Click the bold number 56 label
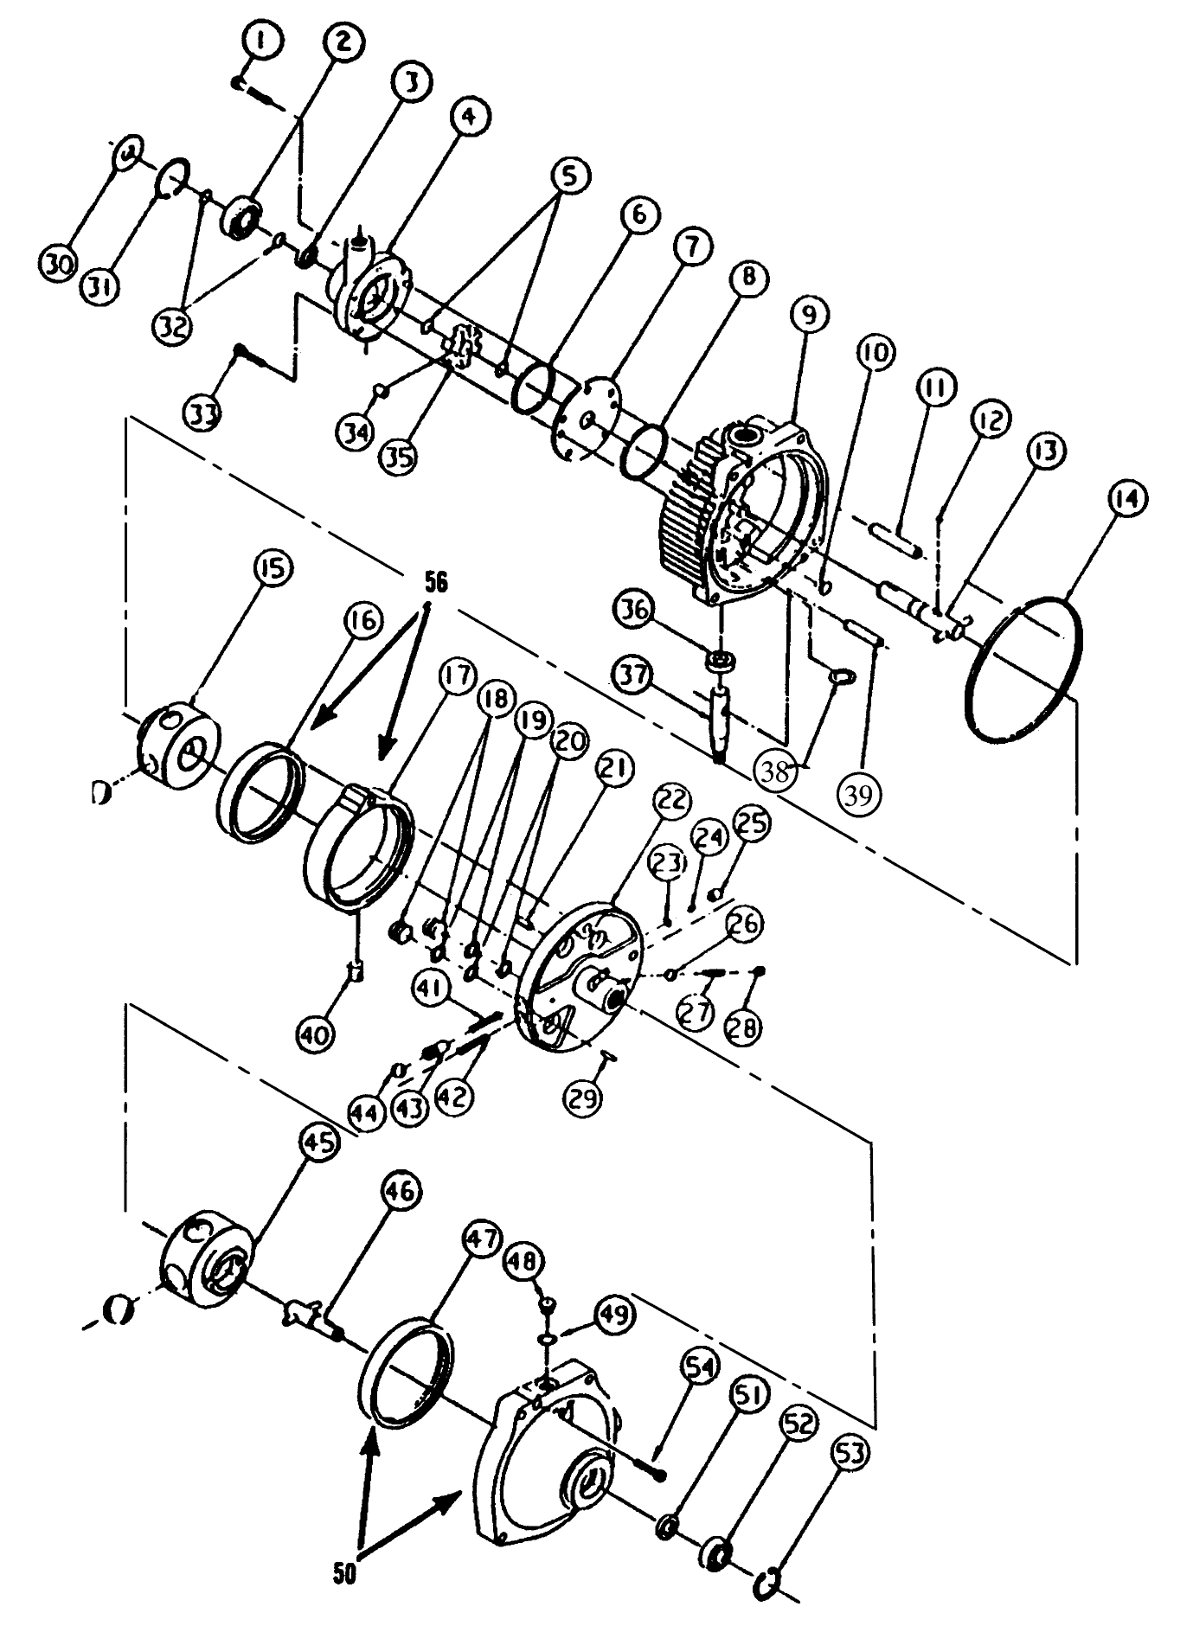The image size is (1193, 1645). pyautogui.click(x=435, y=583)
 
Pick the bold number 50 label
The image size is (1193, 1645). pyautogui.click(x=344, y=1575)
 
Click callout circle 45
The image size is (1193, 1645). pyautogui.click(x=317, y=1143)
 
